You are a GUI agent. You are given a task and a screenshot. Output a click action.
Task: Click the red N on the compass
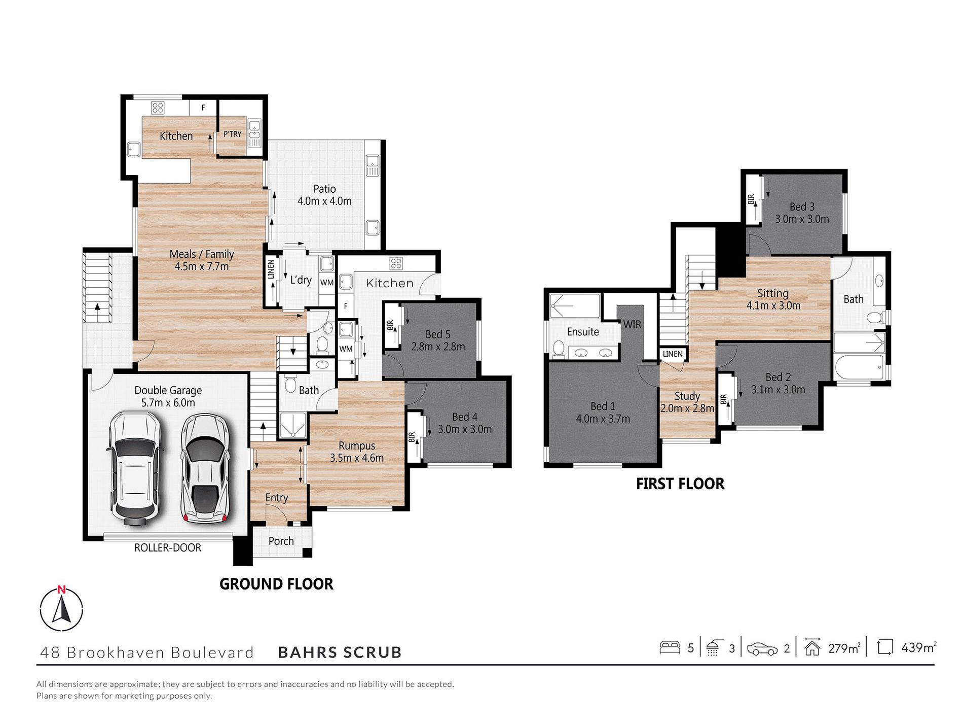61,590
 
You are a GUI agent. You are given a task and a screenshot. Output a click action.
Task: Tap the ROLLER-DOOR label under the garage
168,548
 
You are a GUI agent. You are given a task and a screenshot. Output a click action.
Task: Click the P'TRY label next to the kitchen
233,134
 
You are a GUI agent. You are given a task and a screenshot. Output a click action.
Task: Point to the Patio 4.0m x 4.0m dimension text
324,201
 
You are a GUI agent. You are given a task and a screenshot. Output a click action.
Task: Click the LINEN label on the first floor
673,354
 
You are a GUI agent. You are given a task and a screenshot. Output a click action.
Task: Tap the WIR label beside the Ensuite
632,325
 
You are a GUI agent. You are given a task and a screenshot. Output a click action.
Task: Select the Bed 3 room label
802,206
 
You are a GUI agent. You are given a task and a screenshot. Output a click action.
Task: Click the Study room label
687,396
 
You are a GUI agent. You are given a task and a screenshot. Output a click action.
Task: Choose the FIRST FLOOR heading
680,484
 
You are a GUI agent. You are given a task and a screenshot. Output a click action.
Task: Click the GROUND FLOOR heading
276,584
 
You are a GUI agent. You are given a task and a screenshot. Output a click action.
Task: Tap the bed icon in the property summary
670,647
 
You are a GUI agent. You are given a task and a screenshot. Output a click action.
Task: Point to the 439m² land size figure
918,647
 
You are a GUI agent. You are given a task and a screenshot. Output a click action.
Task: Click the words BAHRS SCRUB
340,652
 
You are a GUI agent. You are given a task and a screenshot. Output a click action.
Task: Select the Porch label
281,541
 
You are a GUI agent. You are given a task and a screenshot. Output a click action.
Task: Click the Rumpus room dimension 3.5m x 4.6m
357,458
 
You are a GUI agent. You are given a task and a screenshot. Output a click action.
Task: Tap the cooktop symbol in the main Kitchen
158,108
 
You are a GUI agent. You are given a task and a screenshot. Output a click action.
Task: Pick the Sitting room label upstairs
773,293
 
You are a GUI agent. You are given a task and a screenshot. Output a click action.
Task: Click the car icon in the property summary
762,648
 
